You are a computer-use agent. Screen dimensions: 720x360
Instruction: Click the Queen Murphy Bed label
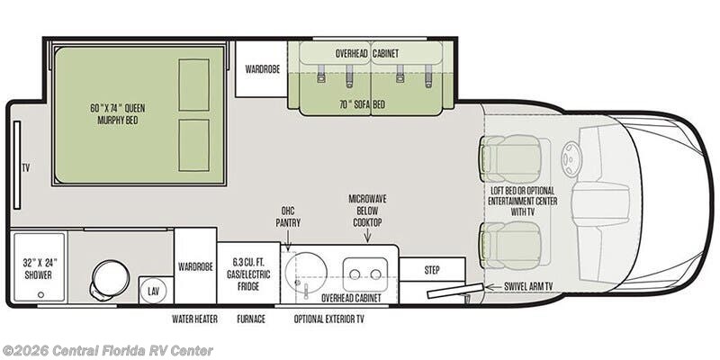[x=118, y=114]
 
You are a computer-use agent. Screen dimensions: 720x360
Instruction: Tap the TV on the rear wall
[x=16, y=165]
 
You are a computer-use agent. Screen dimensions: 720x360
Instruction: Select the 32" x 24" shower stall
[x=39, y=267]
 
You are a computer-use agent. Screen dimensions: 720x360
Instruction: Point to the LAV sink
[x=152, y=290]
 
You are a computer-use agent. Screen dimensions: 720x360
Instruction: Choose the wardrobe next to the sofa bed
[x=262, y=69]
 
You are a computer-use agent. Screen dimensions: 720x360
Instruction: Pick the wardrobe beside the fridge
[x=195, y=265]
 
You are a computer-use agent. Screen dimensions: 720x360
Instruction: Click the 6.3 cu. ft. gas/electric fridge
[x=248, y=274]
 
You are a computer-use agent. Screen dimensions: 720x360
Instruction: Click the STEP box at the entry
[x=432, y=269]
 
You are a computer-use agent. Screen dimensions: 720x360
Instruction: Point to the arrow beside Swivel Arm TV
[x=493, y=287]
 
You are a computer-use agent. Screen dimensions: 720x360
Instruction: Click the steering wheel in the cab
[x=572, y=158]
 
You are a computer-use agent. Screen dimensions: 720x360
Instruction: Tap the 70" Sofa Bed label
[x=366, y=104]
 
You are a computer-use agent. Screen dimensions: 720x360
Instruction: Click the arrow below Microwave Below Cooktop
[x=367, y=236]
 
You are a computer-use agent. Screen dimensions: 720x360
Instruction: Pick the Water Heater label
[x=194, y=319]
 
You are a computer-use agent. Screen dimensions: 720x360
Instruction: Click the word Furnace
[x=251, y=319]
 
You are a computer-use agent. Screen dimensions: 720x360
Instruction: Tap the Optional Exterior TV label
[x=328, y=319]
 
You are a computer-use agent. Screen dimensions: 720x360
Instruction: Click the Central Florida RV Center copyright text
[x=107, y=351]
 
